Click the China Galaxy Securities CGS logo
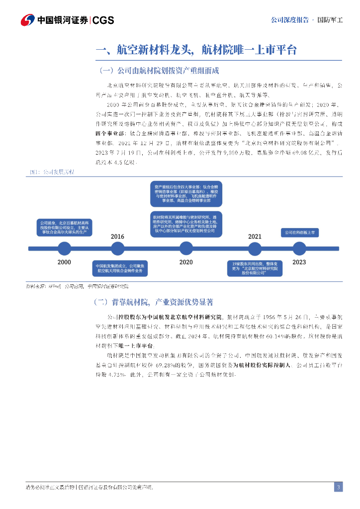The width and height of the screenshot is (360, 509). (x=68, y=20)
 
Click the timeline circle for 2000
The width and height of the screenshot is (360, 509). (x=65, y=248)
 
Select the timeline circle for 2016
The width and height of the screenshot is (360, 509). (x=118, y=248)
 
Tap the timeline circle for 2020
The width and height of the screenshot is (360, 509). (x=186, y=248)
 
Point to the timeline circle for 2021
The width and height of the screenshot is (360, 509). (x=255, y=248)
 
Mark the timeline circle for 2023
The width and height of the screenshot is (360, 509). (x=299, y=248)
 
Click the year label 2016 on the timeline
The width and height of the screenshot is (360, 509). (x=118, y=237)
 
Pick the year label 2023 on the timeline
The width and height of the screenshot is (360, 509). (x=299, y=262)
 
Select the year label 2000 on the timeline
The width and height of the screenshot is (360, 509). (x=64, y=262)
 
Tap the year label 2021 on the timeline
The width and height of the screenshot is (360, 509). (x=255, y=237)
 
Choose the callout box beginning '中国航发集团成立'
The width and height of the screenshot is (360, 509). (x=119, y=268)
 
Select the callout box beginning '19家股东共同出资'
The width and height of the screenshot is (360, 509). (x=255, y=268)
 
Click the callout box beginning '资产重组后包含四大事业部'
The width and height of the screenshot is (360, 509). (x=186, y=194)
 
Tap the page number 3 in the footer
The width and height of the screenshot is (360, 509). (x=338, y=487)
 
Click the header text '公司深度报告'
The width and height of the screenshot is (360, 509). (x=289, y=20)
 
